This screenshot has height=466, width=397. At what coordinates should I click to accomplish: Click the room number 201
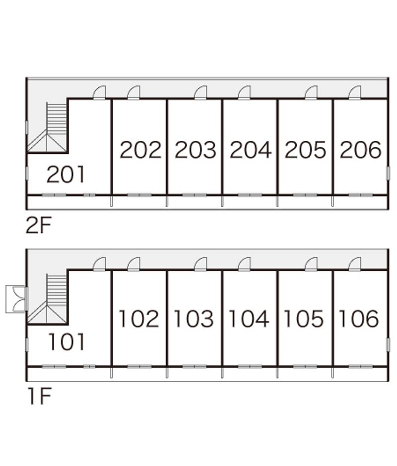(66, 175)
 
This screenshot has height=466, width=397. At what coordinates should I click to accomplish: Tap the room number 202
(140, 150)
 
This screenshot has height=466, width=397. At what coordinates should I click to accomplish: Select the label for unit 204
(251, 150)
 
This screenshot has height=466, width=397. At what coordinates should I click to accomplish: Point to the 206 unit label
(361, 150)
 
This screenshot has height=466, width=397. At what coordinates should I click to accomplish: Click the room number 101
(66, 342)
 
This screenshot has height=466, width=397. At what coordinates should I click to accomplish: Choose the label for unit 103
(194, 319)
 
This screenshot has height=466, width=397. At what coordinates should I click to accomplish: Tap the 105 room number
(303, 319)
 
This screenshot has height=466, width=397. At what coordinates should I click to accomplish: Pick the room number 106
(359, 319)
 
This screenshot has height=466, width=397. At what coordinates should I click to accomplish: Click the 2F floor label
(39, 226)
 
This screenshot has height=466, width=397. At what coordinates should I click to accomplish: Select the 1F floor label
(39, 397)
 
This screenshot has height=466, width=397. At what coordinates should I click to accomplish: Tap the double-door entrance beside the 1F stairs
(16, 299)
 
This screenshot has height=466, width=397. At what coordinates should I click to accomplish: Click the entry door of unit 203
(200, 93)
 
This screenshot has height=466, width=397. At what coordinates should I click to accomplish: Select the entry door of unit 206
(355, 93)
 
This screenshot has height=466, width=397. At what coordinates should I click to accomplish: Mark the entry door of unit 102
(133, 264)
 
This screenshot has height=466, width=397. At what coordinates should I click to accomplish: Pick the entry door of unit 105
(311, 264)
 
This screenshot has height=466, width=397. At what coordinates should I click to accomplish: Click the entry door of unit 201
(100, 93)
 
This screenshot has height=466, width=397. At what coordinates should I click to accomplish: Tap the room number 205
(305, 150)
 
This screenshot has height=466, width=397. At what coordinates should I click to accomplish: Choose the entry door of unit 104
(244, 264)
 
